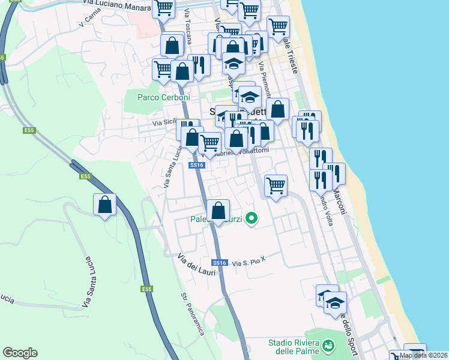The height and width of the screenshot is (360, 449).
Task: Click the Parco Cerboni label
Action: [163, 97]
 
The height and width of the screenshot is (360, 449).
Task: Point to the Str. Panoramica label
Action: [193, 314]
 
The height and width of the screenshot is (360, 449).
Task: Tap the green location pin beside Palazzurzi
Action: [253, 220]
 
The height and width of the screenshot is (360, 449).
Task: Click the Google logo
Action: [20, 353]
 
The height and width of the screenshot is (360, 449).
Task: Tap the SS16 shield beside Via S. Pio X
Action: [220, 263]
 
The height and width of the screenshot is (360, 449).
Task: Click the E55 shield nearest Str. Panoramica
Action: [147, 289]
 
